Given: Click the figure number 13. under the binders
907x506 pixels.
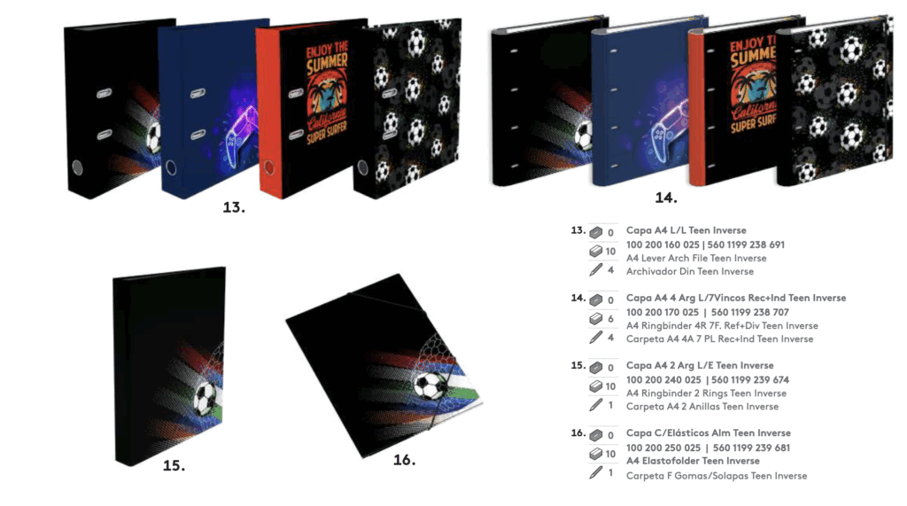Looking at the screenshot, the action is pyautogui.click(x=234, y=207).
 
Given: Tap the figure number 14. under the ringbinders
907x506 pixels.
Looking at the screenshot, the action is pyautogui.click(x=666, y=198).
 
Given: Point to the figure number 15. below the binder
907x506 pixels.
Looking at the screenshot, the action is pyautogui.click(x=174, y=465).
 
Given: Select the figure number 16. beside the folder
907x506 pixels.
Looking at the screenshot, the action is pyautogui.click(x=404, y=460).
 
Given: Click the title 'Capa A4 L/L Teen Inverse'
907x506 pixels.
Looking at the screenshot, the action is pyautogui.click(x=686, y=230).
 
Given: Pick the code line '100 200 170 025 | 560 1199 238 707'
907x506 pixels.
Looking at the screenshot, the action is pyautogui.click(x=708, y=313).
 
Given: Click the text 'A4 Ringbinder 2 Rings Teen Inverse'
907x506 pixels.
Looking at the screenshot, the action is pyautogui.click(x=706, y=393).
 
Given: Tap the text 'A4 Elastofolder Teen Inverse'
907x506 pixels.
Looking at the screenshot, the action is pyautogui.click(x=693, y=461).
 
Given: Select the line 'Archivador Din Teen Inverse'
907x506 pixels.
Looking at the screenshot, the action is pyautogui.click(x=690, y=271).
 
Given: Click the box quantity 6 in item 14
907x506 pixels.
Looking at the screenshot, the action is pyautogui.click(x=610, y=319).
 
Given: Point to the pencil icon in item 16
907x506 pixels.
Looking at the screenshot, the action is pyautogui.click(x=596, y=473).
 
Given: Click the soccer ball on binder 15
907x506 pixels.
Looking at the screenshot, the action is pyautogui.click(x=205, y=397).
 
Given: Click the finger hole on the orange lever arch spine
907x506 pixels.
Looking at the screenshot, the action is pyautogui.click(x=269, y=167).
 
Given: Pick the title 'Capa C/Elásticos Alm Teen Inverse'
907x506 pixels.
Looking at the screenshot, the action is pyautogui.click(x=709, y=433).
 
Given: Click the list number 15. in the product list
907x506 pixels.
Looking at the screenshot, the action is pyautogui.click(x=578, y=366).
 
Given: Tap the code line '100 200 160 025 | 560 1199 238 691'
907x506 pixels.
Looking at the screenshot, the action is pyautogui.click(x=705, y=245).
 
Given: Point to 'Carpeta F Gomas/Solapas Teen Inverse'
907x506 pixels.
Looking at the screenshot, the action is pyautogui.click(x=717, y=476).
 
